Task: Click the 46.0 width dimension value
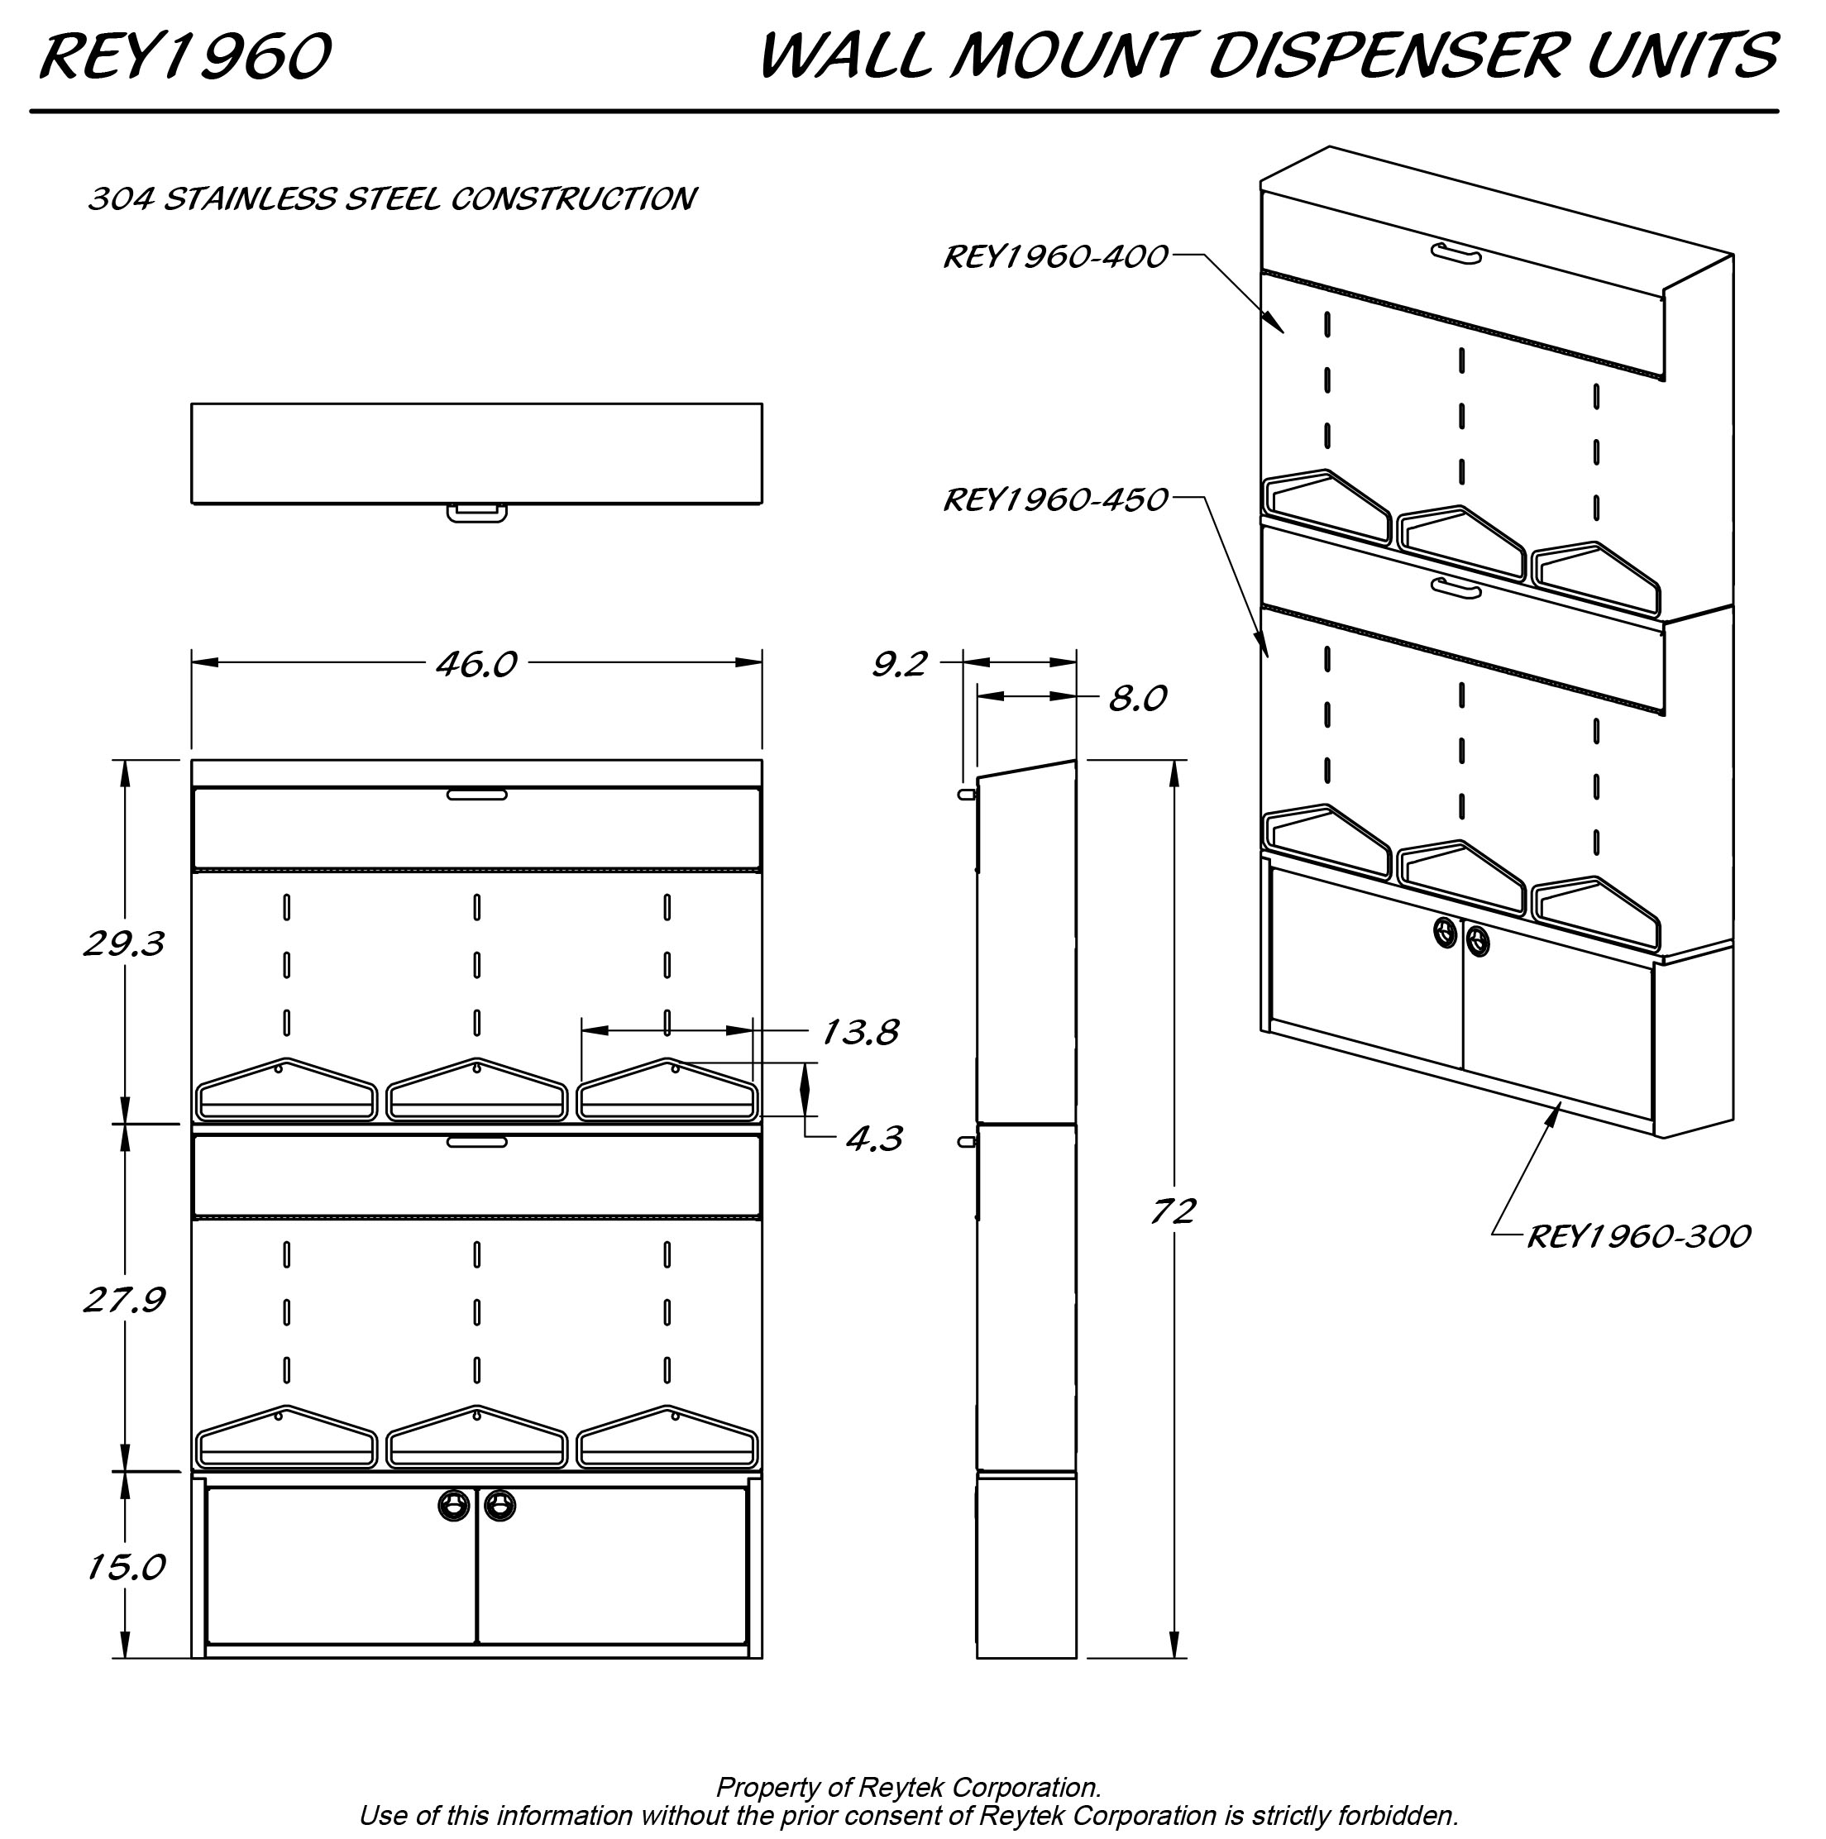(x=476, y=664)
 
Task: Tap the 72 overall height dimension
(x=1172, y=1211)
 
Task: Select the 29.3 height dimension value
(x=124, y=943)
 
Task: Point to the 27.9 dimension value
(x=124, y=1299)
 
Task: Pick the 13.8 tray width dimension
(x=858, y=1032)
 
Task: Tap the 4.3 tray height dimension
(x=873, y=1139)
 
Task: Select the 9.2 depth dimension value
(x=899, y=664)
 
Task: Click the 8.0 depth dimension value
(x=1138, y=699)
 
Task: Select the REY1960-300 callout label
(x=1638, y=1236)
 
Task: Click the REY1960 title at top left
(x=184, y=57)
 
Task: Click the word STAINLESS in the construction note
(x=251, y=199)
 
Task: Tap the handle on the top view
(x=476, y=513)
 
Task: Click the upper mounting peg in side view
(x=966, y=793)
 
